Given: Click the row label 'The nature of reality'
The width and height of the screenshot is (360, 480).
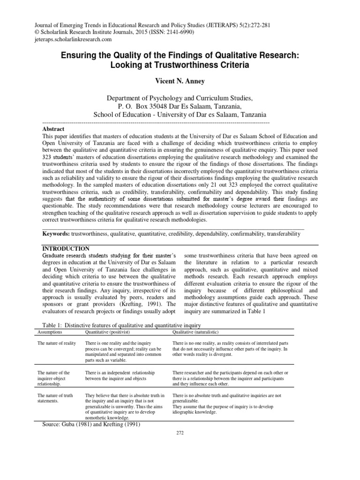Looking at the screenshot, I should (x=56, y=344).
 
